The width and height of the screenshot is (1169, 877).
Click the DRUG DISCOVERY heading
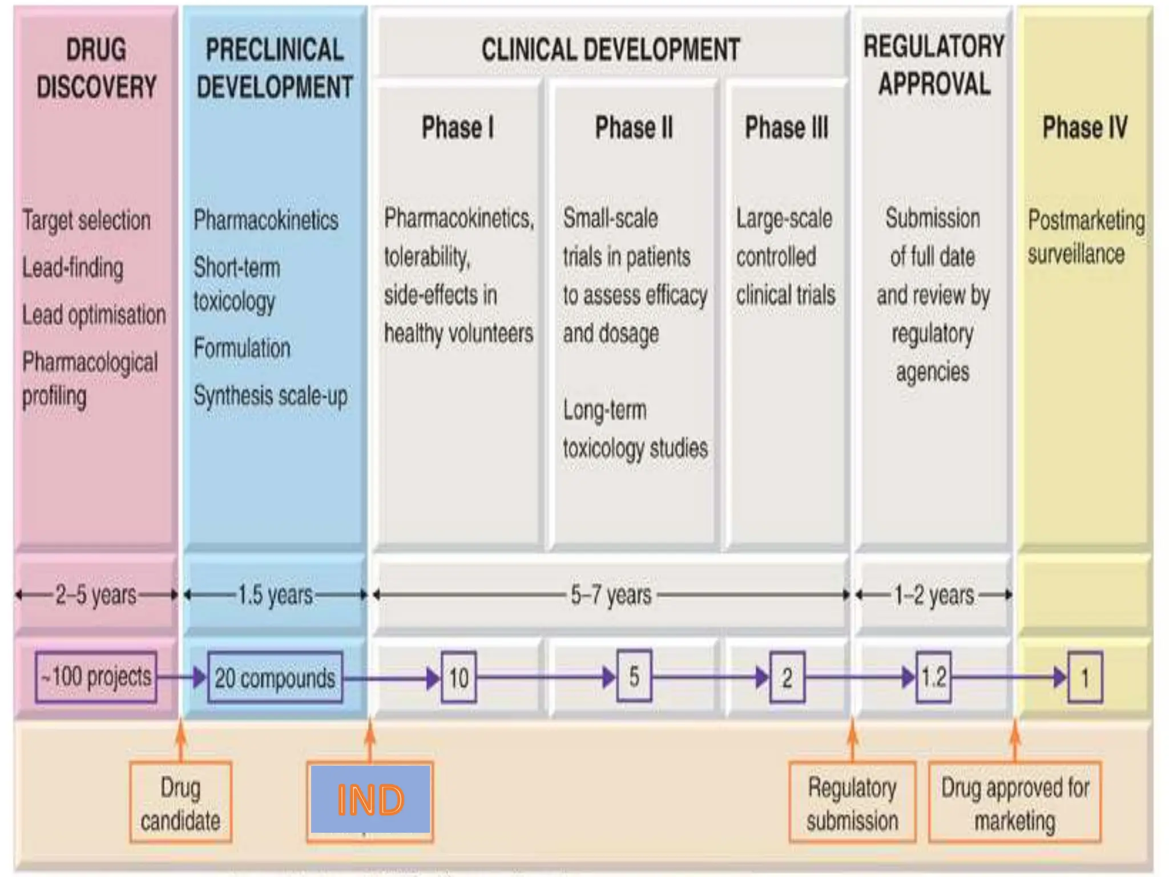(96, 69)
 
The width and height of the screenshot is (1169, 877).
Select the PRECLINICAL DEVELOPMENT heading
(275, 69)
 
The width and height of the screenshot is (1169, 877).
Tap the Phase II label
(634, 127)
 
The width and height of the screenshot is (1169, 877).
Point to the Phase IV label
(1085, 127)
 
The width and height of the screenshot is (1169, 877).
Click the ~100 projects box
(96, 677)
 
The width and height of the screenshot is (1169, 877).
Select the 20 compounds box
(275, 678)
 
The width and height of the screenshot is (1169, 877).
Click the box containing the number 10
(458, 678)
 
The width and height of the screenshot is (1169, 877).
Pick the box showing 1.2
(933, 678)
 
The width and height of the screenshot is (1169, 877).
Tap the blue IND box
(370, 799)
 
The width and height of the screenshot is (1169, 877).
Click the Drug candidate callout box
(180, 804)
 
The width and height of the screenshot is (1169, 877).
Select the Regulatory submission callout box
(852, 804)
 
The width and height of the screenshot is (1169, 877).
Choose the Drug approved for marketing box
(1014, 804)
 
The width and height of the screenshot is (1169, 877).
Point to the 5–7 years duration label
(611, 595)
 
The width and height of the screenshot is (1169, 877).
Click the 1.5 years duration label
(275, 595)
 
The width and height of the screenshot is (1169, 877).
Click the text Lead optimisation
(94, 315)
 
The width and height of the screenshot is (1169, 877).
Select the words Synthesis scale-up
(270, 396)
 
